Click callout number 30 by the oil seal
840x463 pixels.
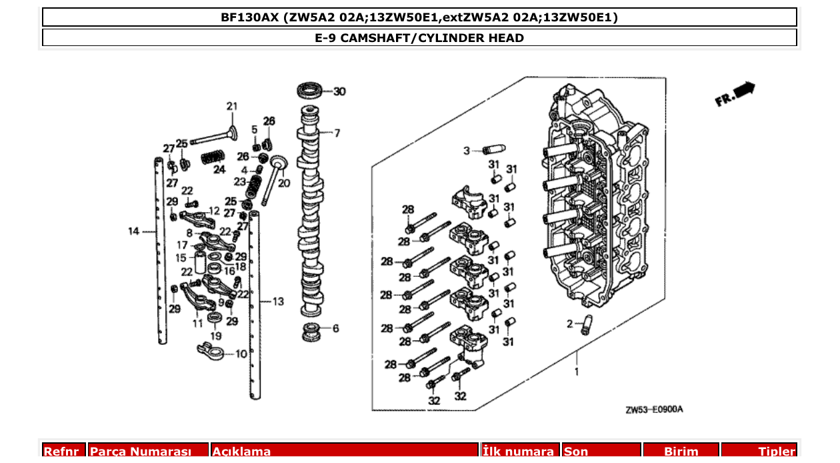coord(339,91)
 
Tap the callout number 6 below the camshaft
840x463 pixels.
coord(335,328)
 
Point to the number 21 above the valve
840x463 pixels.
coord(231,106)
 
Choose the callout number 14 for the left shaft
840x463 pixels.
coord(134,232)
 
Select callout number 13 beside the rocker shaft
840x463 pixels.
coord(278,302)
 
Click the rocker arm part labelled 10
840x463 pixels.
coord(213,349)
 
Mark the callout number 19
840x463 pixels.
coord(215,336)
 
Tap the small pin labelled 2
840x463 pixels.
coord(585,325)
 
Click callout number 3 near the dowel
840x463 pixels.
coord(467,150)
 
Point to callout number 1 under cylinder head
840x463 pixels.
coord(577,372)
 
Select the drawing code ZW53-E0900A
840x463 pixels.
coord(654,410)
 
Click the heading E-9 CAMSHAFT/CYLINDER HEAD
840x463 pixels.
coord(419,38)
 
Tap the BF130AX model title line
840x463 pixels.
coord(419,17)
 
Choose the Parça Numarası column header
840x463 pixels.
coord(140,452)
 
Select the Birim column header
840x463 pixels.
coord(681,452)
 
